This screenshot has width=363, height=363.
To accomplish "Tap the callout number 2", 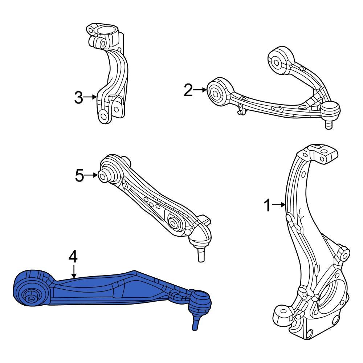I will [x=188, y=90].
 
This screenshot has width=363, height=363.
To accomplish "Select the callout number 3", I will [x=78, y=97].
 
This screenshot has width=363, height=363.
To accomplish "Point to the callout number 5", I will [x=79, y=176].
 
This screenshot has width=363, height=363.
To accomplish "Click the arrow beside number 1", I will [x=279, y=205].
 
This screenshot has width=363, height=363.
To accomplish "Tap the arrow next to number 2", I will [x=200, y=90].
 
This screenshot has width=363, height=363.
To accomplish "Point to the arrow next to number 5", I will [x=92, y=176].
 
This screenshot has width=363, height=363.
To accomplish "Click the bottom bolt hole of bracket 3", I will [x=103, y=116].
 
